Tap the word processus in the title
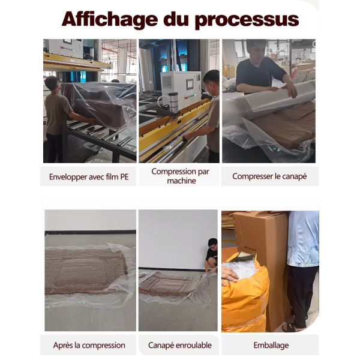pos(247,20)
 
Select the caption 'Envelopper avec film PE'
pos(89,177)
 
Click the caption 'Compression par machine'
pos(180,176)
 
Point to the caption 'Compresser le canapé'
pos(269,176)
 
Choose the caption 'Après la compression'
pos(89,345)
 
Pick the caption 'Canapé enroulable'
pos(180,345)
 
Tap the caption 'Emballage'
pos(271,345)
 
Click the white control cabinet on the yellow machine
pos(181,89)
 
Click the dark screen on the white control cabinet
pos(190,84)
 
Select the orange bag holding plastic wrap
pos(245,292)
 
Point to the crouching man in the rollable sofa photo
pos(211,255)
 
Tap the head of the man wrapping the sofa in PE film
pos(52,83)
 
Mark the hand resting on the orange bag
pos(230,274)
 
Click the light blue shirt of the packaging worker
pos(303,239)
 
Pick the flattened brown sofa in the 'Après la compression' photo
pos(86,272)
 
